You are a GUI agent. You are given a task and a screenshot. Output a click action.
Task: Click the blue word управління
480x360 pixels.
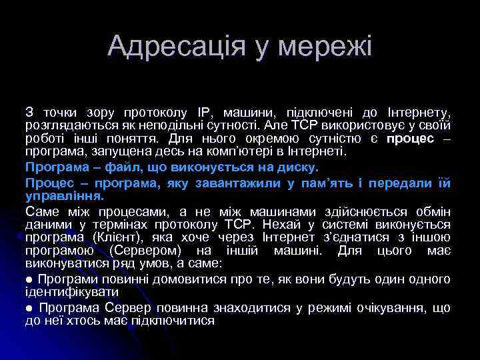pyautogui.click(x=64, y=196)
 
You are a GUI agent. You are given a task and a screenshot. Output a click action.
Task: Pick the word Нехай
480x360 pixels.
pyautogui.click(x=281, y=225)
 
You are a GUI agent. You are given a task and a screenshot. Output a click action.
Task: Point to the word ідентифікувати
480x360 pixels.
pyautogui.click(x=71, y=292)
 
